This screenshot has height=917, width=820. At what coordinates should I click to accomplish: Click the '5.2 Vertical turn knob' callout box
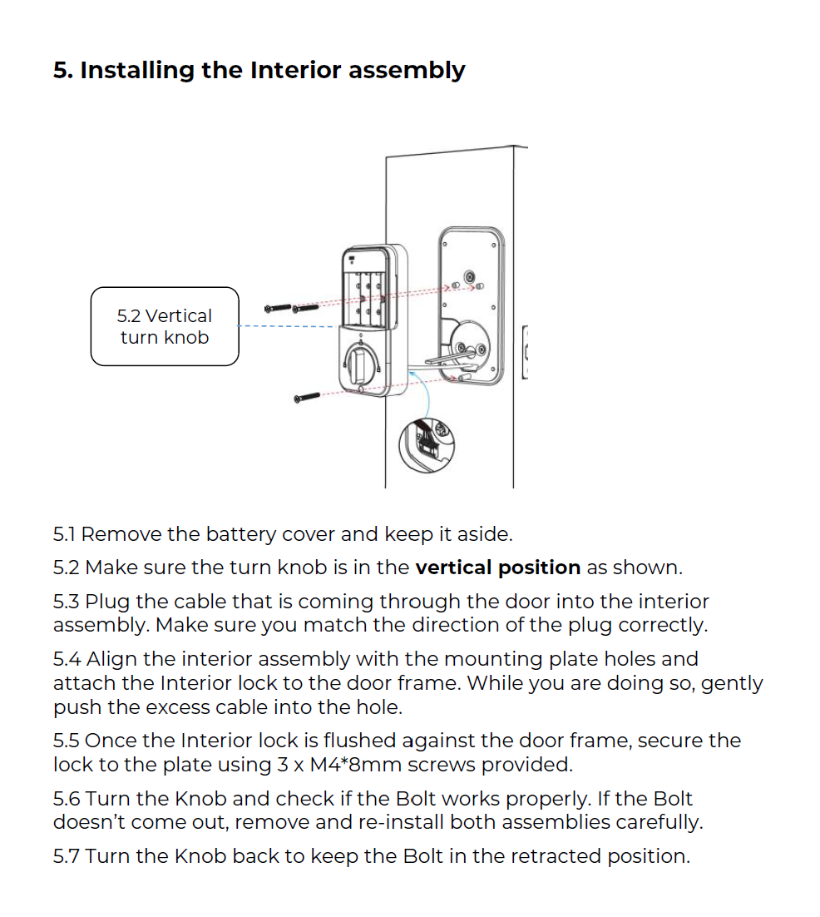pyautogui.click(x=165, y=326)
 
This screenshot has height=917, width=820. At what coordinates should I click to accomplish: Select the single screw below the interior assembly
pyautogui.click(x=307, y=398)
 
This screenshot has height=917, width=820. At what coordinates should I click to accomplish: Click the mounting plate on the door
pyautogui.click(x=471, y=304)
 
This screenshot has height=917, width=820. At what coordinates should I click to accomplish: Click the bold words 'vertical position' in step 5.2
pyautogui.click(x=497, y=568)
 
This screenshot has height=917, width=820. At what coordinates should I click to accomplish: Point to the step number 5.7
pyautogui.click(x=67, y=856)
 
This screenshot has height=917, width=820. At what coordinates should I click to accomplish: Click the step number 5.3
pyautogui.click(x=67, y=602)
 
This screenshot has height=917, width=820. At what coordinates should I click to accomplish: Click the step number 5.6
pyautogui.click(x=67, y=799)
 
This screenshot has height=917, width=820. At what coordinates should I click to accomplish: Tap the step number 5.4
pyautogui.click(x=67, y=660)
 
